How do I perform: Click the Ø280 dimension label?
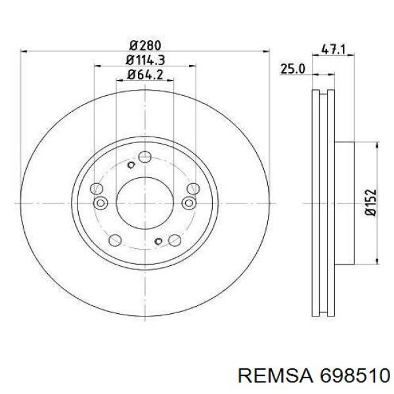click(145, 46)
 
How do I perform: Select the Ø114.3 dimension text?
click(145, 60)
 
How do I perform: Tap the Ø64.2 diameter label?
click(145, 75)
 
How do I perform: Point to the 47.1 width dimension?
click(333, 49)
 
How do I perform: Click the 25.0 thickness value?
click(292, 69)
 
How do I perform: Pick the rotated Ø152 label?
click(371, 202)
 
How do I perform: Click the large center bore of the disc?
click(145, 203)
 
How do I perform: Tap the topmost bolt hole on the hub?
click(145, 158)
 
